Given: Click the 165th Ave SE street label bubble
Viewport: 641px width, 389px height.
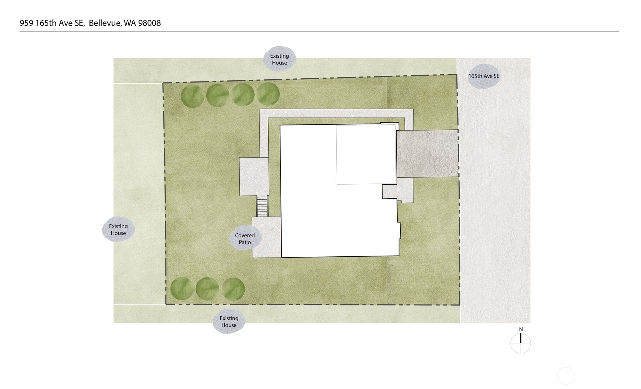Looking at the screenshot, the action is pos(484,76).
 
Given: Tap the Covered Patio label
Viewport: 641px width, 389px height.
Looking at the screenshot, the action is pos(245,239).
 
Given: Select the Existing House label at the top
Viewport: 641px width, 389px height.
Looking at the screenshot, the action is pos(279,59).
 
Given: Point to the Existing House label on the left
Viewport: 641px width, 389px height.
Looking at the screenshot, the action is pos(118,230).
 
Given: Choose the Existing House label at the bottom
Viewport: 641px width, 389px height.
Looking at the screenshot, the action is pos(229,322).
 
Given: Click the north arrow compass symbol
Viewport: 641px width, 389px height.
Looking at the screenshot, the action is pos(521,343).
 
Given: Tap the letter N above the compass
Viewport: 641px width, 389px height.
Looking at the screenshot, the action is pos(521,329).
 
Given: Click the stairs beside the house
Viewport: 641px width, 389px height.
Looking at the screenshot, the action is pos(262,206).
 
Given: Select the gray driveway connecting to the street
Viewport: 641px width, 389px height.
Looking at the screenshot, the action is pos(427,154).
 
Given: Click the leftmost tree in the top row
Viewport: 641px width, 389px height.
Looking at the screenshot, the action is pos(192,96).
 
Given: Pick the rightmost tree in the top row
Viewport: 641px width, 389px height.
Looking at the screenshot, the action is pos(268,94).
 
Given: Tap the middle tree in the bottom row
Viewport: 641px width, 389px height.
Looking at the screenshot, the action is pos(207,289).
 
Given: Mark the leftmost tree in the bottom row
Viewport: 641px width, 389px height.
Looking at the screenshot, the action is pos(182,289).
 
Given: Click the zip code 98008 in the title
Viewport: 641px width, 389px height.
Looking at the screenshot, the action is pos(149,23).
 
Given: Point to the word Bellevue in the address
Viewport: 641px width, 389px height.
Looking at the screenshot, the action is pos(105,23).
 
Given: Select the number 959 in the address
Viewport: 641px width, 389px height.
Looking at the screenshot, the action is pos(26,23).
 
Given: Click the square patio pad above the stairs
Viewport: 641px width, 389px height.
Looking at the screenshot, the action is pos(254,177).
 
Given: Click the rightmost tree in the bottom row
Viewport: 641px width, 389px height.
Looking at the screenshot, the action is pos(234,289).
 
